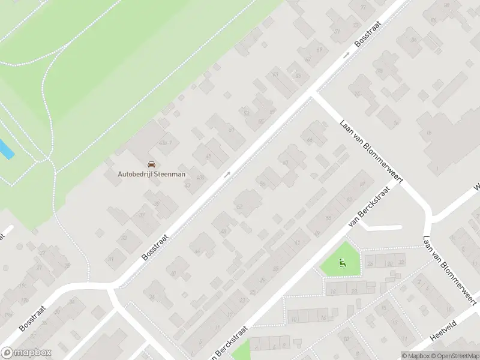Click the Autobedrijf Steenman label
[x=151, y=175]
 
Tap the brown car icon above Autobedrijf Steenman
[x=151, y=164]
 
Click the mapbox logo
[x=26, y=353]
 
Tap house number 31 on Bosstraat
[x=112, y=259]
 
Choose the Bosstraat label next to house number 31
[x=155, y=247]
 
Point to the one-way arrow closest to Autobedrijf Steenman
[x=227, y=175]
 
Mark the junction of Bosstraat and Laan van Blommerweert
[x=313, y=94]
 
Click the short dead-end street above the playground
[x=382, y=227]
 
